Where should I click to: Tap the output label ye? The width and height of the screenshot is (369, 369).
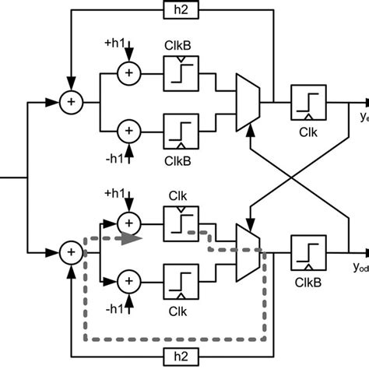click(x=360, y=117)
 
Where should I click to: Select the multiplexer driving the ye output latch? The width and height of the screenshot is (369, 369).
click(x=248, y=100)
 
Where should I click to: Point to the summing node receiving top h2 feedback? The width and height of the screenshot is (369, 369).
click(x=71, y=100)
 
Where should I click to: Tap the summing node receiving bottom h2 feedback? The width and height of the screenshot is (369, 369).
click(x=71, y=251)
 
